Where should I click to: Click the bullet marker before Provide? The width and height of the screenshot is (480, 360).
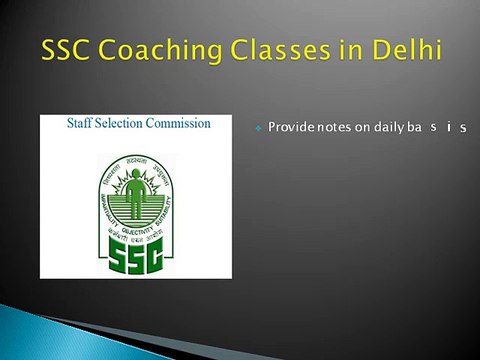click(258, 129)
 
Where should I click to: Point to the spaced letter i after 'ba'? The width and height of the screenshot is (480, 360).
click(450, 128)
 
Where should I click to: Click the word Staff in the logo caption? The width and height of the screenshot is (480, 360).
click(83, 124)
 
